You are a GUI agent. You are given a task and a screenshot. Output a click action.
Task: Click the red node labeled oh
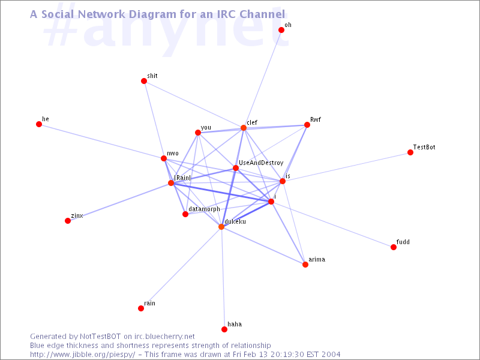click(x=281, y=29)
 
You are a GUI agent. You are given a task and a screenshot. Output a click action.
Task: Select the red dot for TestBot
click(x=410, y=152)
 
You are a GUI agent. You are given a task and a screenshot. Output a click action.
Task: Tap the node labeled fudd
click(x=394, y=247)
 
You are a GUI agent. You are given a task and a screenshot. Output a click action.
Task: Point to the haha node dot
click(x=224, y=329)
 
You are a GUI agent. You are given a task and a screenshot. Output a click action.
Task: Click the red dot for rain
click(x=141, y=308)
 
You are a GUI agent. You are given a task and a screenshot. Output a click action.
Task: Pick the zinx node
click(x=68, y=221)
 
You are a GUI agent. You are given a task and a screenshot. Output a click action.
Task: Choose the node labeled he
click(x=39, y=124)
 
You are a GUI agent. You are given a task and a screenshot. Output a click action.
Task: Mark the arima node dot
click(x=305, y=265)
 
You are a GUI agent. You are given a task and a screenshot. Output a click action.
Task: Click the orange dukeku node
click(x=221, y=227)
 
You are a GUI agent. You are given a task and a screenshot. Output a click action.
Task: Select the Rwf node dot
click(x=307, y=125)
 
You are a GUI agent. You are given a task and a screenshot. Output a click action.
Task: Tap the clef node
click(x=244, y=128)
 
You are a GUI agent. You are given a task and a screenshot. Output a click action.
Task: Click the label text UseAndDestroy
click(x=261, y=163)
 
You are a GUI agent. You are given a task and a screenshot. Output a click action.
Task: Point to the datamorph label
click(x=204, y=209)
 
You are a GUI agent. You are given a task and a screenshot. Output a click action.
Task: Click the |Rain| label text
click(x=182, y=178)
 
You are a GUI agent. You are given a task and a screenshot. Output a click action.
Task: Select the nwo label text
click(x=173, y=154)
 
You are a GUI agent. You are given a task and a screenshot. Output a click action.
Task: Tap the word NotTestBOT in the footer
click(x=100, y=337)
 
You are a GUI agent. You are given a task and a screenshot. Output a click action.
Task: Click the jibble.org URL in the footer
click(x=83, y=355)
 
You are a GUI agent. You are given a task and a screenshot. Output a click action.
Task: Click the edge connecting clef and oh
click(x=262, y=79)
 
